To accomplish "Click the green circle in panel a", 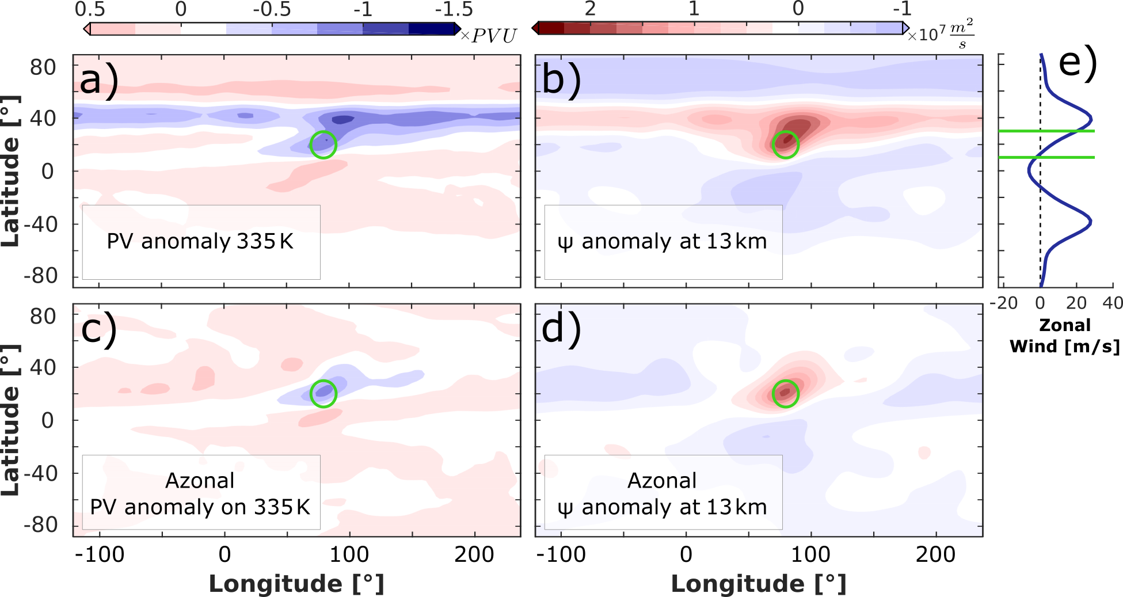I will point(323,145).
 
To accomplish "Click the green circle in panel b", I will point(785,145).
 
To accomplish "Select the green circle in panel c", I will point(323,394).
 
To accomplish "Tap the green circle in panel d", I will point(785,394).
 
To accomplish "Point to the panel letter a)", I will point(99,81).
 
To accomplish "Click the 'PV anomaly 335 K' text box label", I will point(200,241).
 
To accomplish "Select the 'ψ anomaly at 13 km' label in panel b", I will point(663,241).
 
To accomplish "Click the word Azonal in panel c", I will point(200,480).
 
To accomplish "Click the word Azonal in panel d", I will point(662,480).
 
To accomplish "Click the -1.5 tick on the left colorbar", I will point(454,9).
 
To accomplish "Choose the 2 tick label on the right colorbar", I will point(590,9).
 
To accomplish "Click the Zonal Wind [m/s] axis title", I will point(1065,336).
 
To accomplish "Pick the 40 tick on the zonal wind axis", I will point(1112,303).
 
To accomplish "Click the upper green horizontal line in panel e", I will point(1046,131).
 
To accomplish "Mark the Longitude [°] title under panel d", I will point(759,583).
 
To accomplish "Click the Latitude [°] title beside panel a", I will point(10,171).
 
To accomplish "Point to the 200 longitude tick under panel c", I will point(474,554).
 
